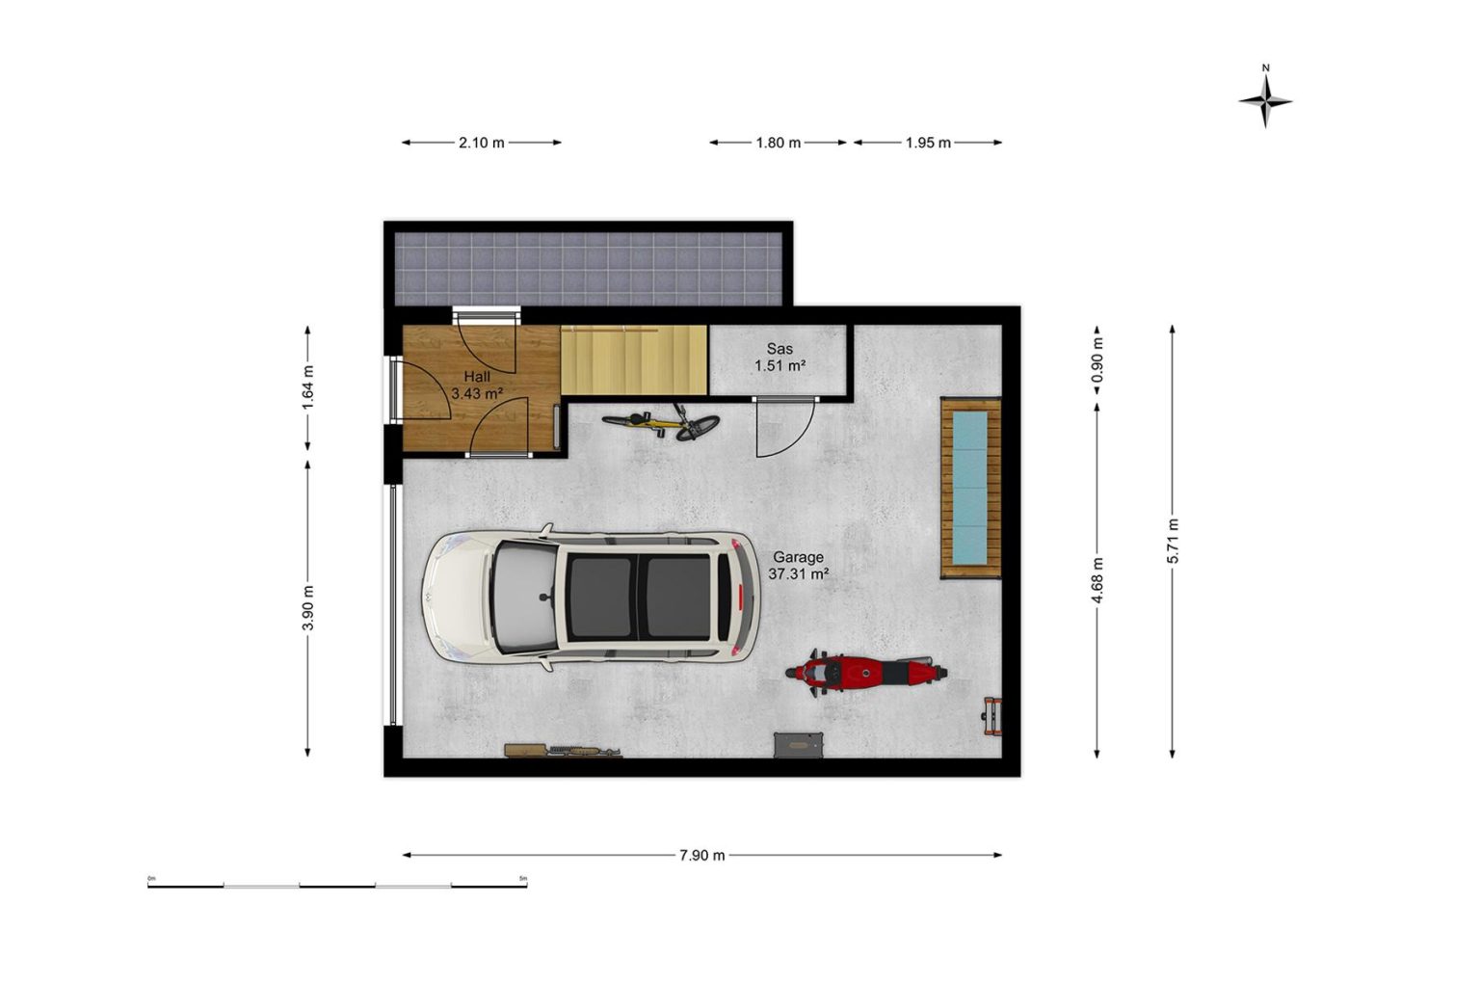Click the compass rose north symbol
point(1265,100)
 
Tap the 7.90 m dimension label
point(702,855)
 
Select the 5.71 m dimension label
point(1173,541)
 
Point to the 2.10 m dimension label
point(482,142)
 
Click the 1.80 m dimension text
point(779,142)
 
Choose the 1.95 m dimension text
point(928,142)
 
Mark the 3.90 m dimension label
point(308,608)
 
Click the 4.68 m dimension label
point(1097,580)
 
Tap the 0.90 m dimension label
point(1097,359)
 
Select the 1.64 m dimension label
point(308,387)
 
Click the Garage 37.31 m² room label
point(798,566)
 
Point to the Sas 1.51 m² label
point(780,357)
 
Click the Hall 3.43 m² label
point(477,386)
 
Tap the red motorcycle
point(866,673)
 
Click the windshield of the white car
point(524,596)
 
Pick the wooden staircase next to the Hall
point(634,360)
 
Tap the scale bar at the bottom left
point(337,885)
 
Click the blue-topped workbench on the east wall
point(970,488)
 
